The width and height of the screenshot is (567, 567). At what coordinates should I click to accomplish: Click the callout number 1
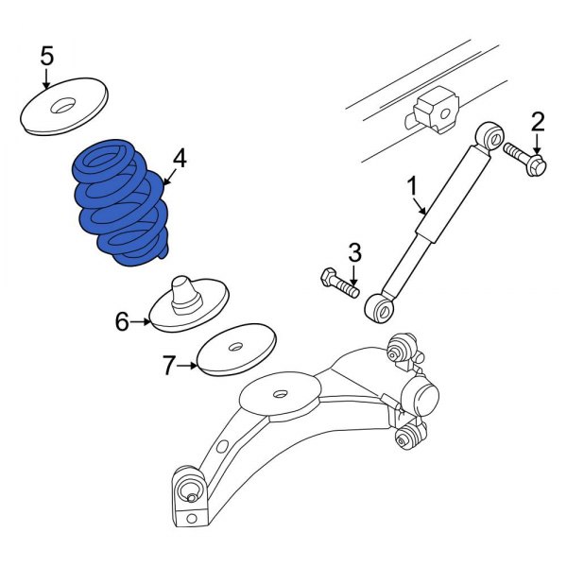coord(411,186)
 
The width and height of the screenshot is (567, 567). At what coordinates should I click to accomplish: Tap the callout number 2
coord(538,121)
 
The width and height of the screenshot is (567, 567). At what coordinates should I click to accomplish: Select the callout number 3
coord(354,252)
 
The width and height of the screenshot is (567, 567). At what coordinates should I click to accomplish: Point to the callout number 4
coord(179,158)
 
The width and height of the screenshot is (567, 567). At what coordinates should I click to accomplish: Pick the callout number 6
coord(122,322)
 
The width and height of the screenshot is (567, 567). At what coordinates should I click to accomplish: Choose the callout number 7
coord(168,366)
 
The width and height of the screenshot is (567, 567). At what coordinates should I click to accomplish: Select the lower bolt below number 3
coord(338,282)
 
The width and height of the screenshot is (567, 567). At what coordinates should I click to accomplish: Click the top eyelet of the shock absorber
coord(490,135)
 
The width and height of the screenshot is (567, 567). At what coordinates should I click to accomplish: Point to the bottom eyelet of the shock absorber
coord(381,306)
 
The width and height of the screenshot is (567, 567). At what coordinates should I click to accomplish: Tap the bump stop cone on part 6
coord(184,289)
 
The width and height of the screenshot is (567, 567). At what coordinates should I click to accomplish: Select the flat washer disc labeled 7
coord(236,351)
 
